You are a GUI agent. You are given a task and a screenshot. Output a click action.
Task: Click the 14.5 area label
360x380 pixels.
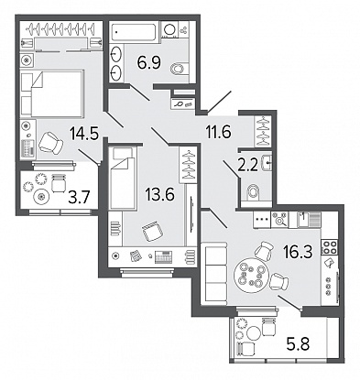tap(83, 134)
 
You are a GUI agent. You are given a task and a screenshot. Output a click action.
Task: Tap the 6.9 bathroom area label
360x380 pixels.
tap(149, 63)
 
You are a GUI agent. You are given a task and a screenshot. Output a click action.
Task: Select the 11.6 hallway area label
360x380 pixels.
tap(218, 132)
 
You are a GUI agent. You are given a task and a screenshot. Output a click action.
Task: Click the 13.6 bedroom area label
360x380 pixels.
tap(159, 194)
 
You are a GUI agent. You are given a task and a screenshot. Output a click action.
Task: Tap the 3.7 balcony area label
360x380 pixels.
tap(79, 199)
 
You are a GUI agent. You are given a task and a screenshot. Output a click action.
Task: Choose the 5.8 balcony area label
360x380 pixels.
tap(298, 344)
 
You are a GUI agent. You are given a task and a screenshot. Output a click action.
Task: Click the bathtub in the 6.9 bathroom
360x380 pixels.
tap(135, 32)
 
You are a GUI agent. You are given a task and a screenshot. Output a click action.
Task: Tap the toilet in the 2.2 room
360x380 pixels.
tap(253, 192)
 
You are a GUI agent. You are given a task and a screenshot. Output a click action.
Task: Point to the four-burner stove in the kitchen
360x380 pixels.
tap(329, 247)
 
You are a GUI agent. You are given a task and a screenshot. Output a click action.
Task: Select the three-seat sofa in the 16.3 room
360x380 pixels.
tap(216, 273)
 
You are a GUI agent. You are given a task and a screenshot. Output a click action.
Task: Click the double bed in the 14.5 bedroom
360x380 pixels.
tap(52, 93)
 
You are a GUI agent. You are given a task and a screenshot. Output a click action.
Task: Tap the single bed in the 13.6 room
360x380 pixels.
tap(123, 178)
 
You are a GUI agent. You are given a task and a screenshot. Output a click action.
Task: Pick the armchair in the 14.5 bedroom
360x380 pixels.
tap(50, 143)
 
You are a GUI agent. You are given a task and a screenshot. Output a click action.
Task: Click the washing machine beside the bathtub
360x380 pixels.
tap(169, 30)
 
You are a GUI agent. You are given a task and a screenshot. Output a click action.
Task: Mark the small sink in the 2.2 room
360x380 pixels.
tap(267, 163)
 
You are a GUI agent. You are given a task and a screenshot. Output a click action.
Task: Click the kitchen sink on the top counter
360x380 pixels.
tap(309, 220)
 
